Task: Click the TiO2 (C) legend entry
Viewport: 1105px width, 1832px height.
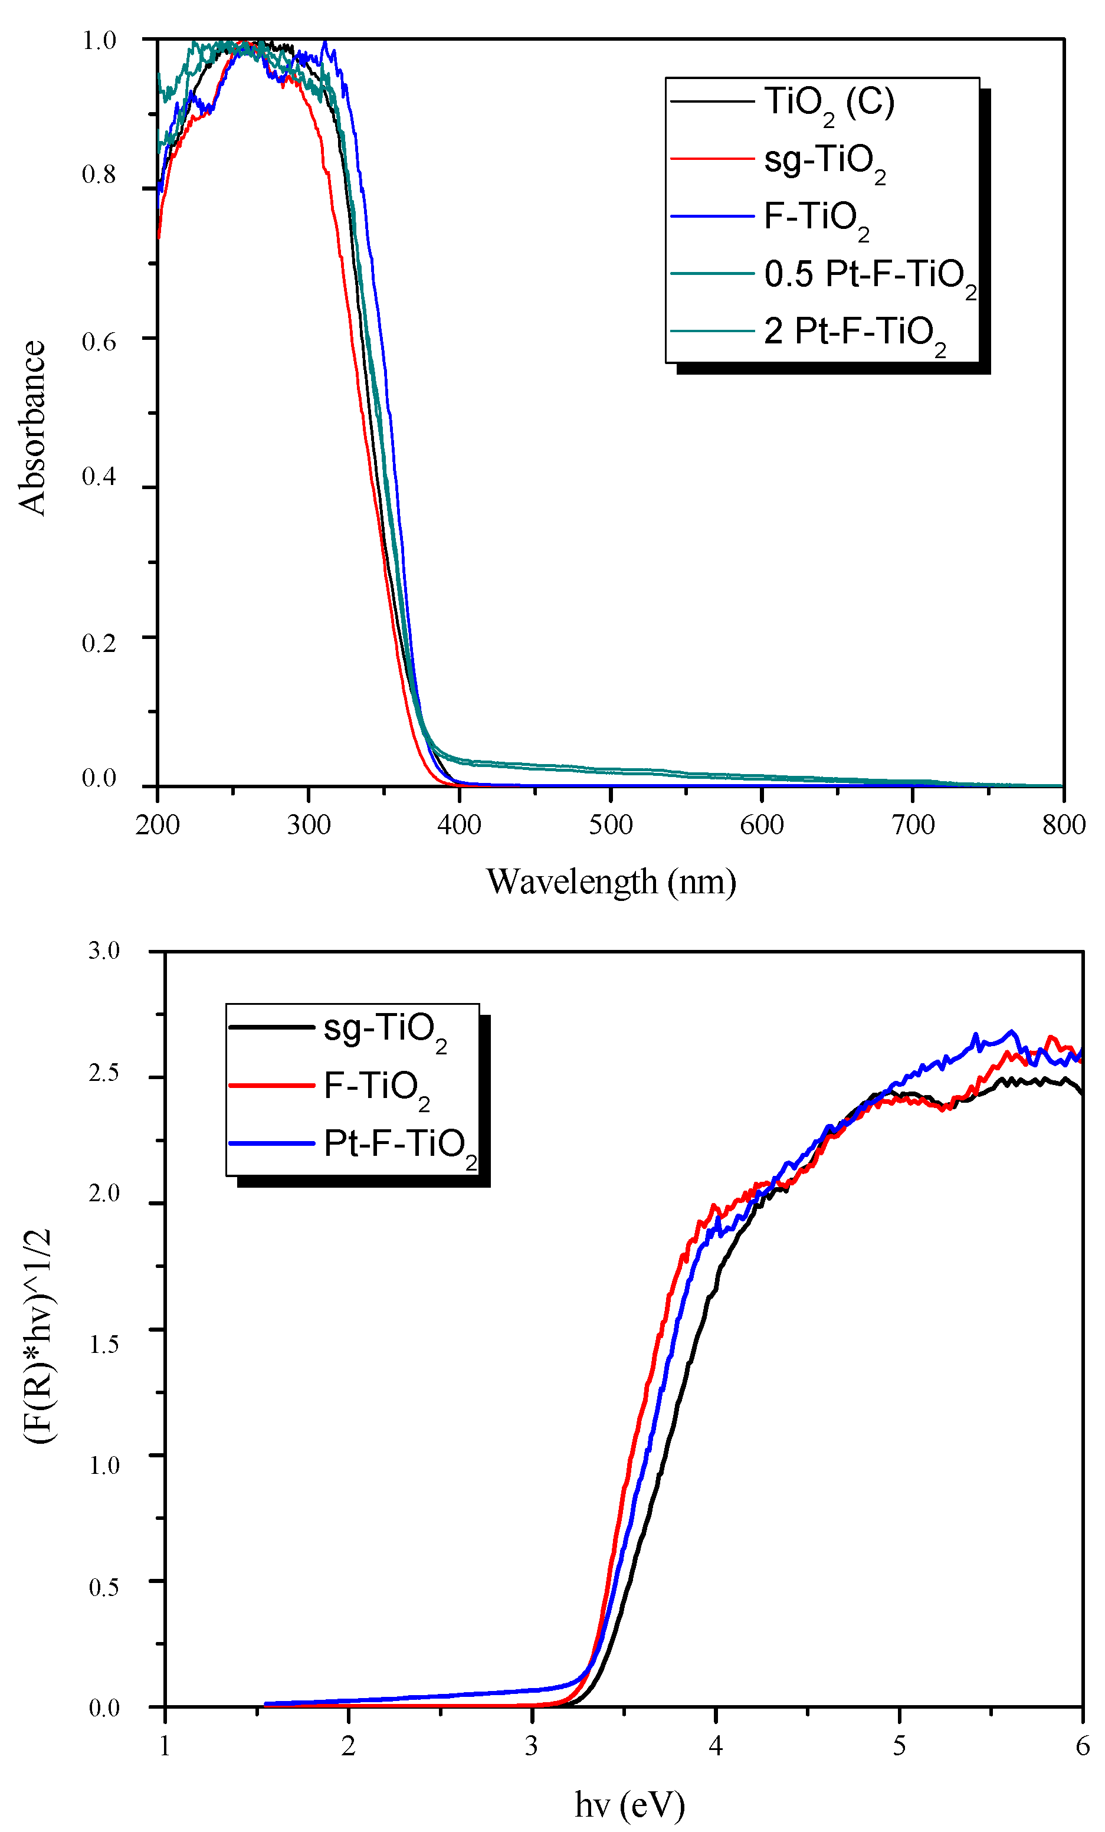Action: tap(828, 102)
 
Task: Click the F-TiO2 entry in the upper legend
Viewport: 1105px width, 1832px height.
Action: tap(816, 217)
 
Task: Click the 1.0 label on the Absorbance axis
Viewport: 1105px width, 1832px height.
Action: tap(99, 40)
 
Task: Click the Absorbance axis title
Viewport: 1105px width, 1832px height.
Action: tap(32, 428)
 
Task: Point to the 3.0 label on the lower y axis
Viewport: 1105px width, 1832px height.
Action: tap(104, 951)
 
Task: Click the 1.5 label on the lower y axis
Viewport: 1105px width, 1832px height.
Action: tap(104, 1343)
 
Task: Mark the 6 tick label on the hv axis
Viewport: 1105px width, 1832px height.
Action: tap(1082, 1746)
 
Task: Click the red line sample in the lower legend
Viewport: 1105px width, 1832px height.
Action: tap(271, 1086)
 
